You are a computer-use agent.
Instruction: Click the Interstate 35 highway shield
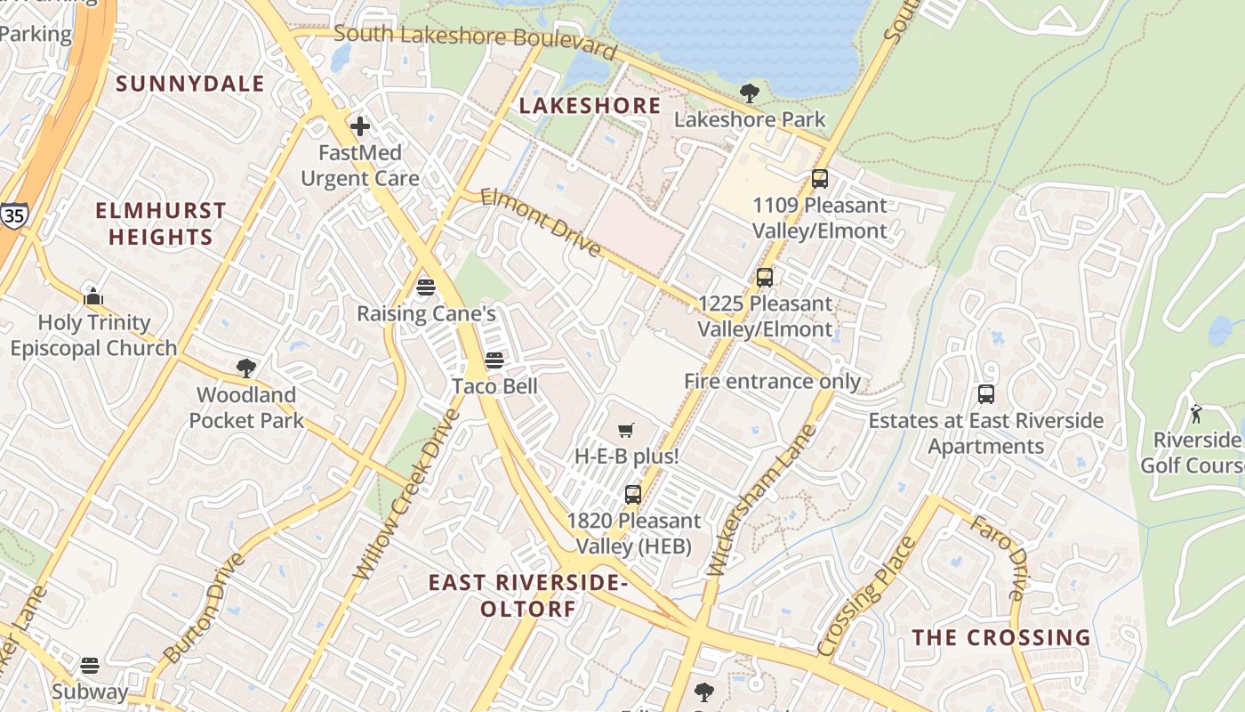point(13,215)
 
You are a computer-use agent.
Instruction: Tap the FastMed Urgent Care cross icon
point(360,126)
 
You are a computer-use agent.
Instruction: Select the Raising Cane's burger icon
point(425,287)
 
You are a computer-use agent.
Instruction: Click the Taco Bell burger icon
point(494,360)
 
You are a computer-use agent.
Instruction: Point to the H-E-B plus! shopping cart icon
point(626,431)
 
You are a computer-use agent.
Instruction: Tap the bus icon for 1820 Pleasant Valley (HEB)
point(633,494)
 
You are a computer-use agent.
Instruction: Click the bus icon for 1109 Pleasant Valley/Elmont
point(820,179)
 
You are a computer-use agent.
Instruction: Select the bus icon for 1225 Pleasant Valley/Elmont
point(765,277)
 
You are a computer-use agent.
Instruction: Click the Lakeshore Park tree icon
point(750,93)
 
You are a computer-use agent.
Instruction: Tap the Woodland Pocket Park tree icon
point(246,368)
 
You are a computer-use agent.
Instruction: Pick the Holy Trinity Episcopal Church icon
point(93,296)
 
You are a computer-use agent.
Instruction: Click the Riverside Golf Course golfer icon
point(1196,413)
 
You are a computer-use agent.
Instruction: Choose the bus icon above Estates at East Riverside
point(986,394)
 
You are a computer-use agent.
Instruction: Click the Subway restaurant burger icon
point(89,665)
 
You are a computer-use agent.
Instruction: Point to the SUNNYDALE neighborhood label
point(190,84)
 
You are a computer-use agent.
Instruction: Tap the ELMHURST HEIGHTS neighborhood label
point(161,223)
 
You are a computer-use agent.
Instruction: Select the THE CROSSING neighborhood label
point(1001,637)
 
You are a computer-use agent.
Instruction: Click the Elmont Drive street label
point(541,222)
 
